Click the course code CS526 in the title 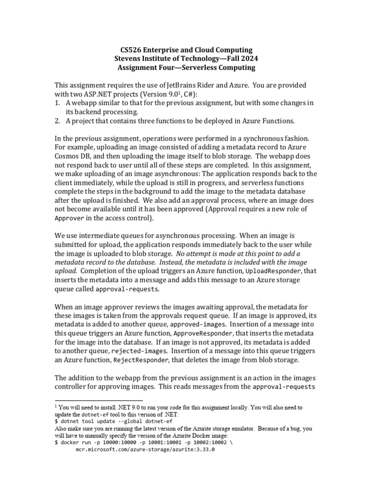(x=131, y=50)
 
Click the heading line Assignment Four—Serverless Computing (x=186, y=68)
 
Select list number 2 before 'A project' (x=57, y=120)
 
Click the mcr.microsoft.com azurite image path (x=145, y=450)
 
